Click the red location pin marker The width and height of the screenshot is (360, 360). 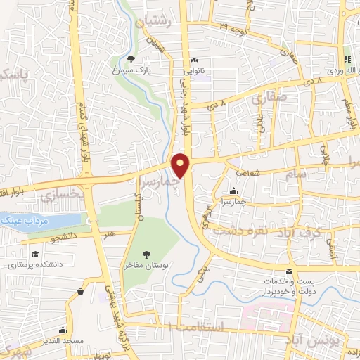[181, 165]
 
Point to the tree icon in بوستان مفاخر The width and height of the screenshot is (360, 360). [146, 255]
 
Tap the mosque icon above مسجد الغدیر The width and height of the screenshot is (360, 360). [63, 329]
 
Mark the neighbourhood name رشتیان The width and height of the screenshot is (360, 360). [155, 22]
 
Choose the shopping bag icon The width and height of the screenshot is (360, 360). [82, 290]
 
